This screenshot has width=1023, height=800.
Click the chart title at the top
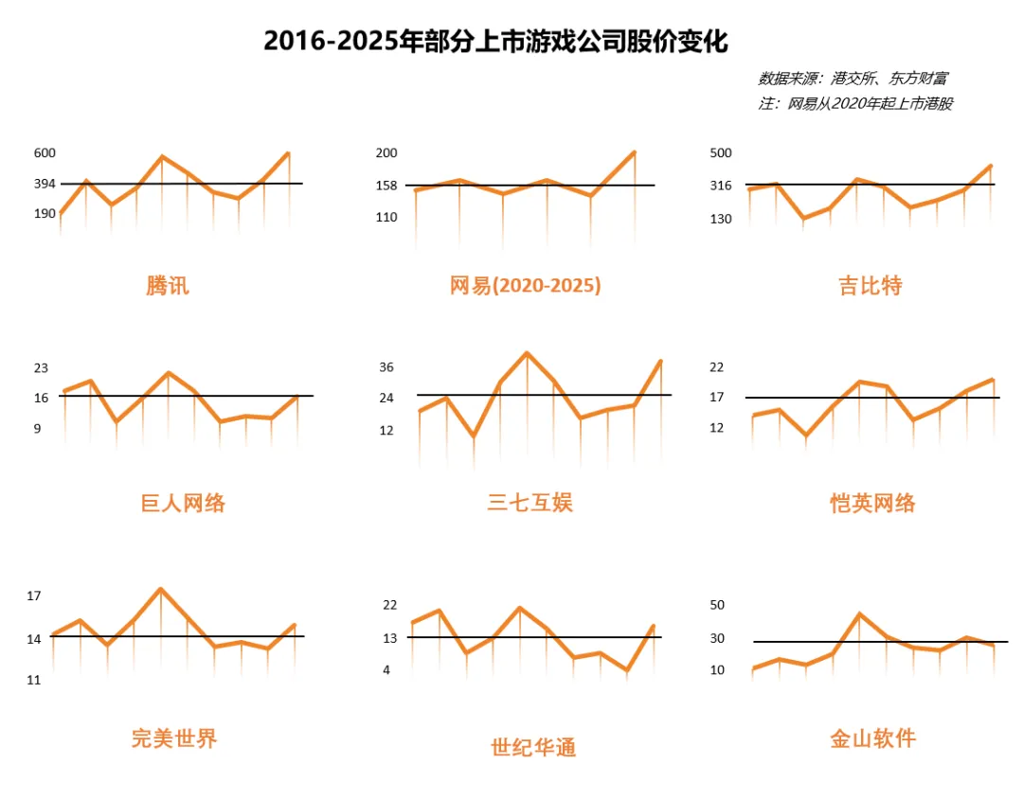coord(495,42)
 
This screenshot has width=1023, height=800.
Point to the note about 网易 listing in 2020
coord(855,104)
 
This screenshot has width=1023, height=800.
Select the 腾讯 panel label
coord(168,285)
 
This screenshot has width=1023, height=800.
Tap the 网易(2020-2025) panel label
coord(525,285)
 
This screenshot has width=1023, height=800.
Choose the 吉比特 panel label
coord(870,285)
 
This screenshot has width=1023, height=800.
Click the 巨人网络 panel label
coord(183,503)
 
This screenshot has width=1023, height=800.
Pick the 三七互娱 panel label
coord(529,502)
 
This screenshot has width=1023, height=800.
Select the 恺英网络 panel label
coord(872,503)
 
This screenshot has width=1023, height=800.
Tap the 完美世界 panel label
coord(174,738)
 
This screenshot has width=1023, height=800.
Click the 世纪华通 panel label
coord(533,747)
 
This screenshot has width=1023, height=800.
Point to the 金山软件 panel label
coord(872,738)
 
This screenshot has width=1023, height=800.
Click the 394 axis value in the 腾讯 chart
coord(45,184)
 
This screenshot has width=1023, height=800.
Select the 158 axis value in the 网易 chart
coord(386,186)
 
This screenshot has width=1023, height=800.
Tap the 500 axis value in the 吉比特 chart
coord(721,153)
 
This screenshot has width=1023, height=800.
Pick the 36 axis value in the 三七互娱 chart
coord(386,367)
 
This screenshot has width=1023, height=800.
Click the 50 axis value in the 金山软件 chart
coord(716,605)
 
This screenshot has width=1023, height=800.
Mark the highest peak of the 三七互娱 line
coord(527,353)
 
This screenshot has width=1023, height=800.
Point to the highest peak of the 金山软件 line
coord(859,613)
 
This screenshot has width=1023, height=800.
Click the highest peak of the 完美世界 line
coord(161,589)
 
